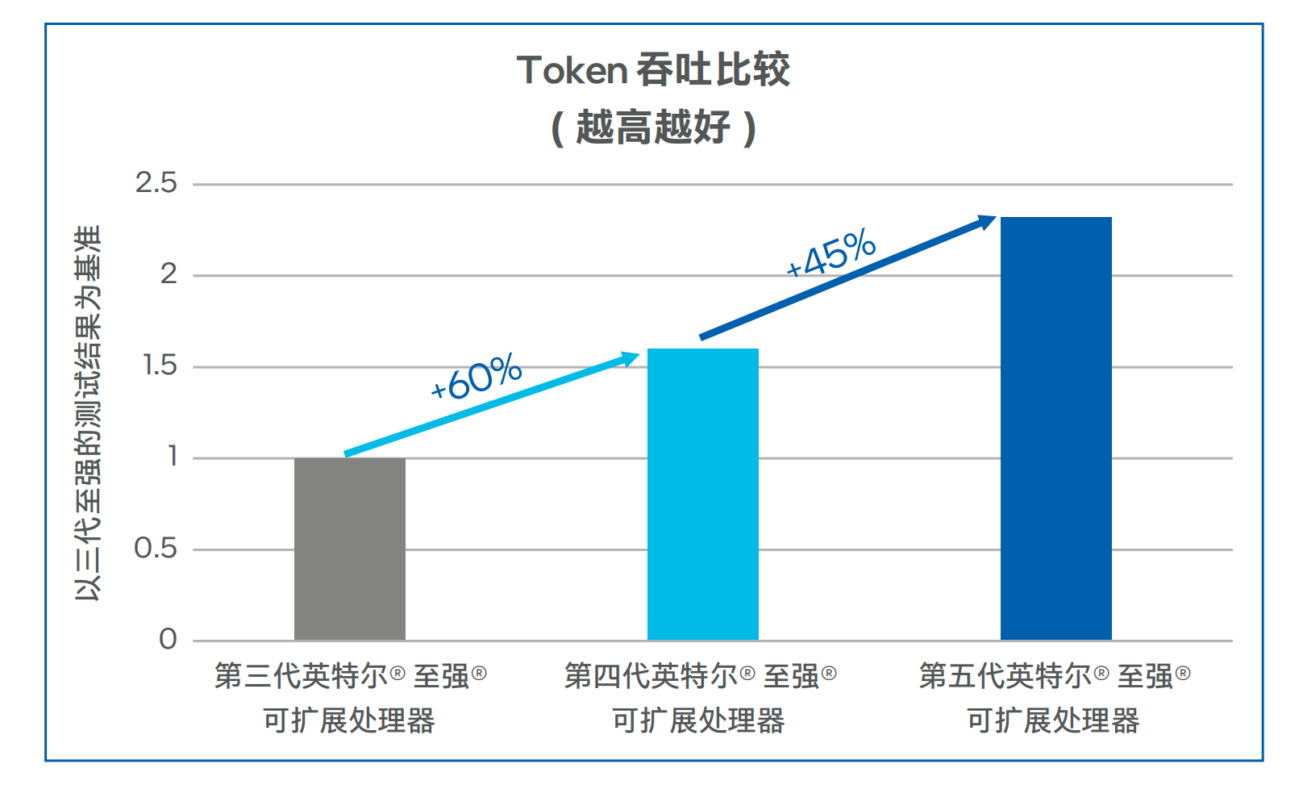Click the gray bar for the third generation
pyautogui.click(x=349, y=549)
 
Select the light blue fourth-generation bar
pyautogui.click(x=702, y=494)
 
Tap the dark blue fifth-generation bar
pyautogui.click(x=1055, y=428)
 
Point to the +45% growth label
pyautogui.click(x=831, y=253)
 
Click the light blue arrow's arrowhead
pyautogui.click(x=629, y=358)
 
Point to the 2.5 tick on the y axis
pyautogui.click(x=156, y=183)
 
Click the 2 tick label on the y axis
pyautogui.click(x=168, y=275)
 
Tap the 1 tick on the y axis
pyautogui.click(x=172, y=457)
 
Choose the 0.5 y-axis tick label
pyautogui.click(x=156, y=549)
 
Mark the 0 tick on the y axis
pyautogui.click(x=168, y=640)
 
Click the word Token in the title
pyautogui.click(x=572, y=70)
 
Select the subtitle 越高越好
pyautogui.click(x=653, y=127)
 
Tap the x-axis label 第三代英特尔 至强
pyautogui.click(x=350, y=676)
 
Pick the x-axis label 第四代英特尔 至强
pyautogui.click(x=700, y=676)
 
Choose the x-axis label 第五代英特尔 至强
pyautogui.click(x=1054, y=676)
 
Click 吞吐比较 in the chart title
pyautogui.click(x=713, y=70)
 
